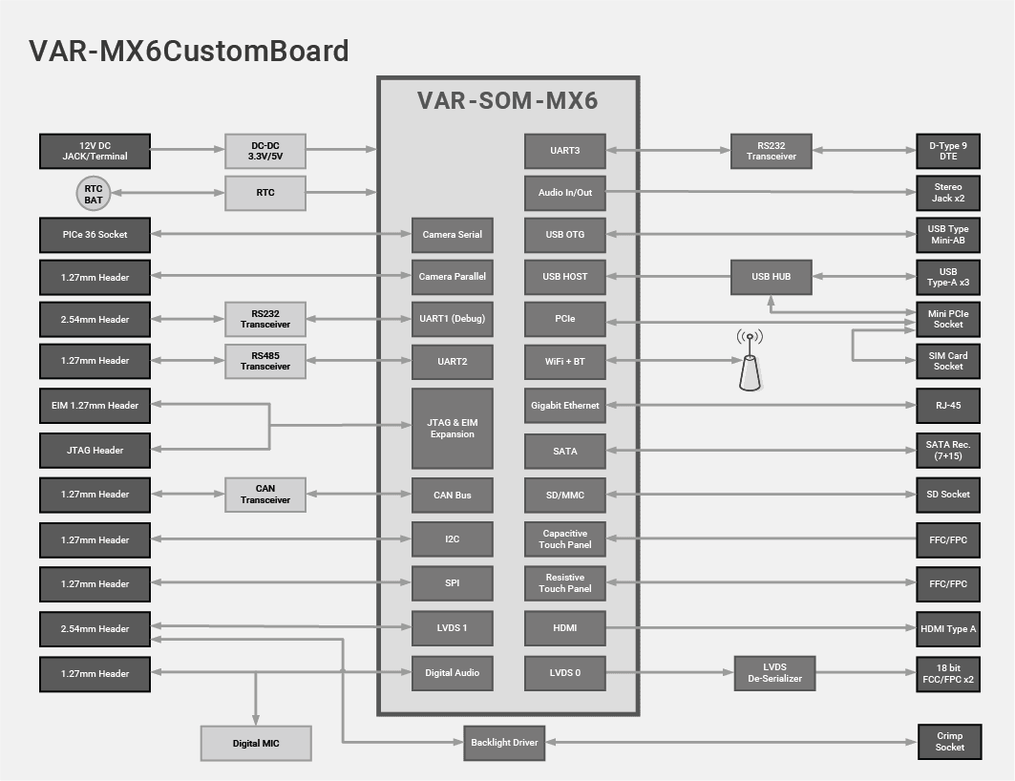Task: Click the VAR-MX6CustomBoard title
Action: pos(189,51)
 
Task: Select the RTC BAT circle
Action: pos(94,193)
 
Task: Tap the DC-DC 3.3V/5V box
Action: pos(265,150)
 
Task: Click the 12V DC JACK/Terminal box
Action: pos(95,150)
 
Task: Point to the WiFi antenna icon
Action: pos(750,362)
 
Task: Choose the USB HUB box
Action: pos(771,277)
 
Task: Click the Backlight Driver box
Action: pos(504,742)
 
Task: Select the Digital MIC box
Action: pos(256,743)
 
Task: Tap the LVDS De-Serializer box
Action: pos(774,672)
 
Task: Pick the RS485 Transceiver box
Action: pos(265,361)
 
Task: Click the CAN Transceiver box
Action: pos(265,495)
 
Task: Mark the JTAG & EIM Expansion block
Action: pos(453,428)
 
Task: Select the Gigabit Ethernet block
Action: pos(565,406)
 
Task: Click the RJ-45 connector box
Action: pos(948,406)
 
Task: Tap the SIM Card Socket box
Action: pos(948,361)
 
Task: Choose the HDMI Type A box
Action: pos(948,628)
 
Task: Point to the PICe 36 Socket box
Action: pos(95,234)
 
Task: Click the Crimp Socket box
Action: pos(949,742)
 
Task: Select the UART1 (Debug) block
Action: pos(453,319)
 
